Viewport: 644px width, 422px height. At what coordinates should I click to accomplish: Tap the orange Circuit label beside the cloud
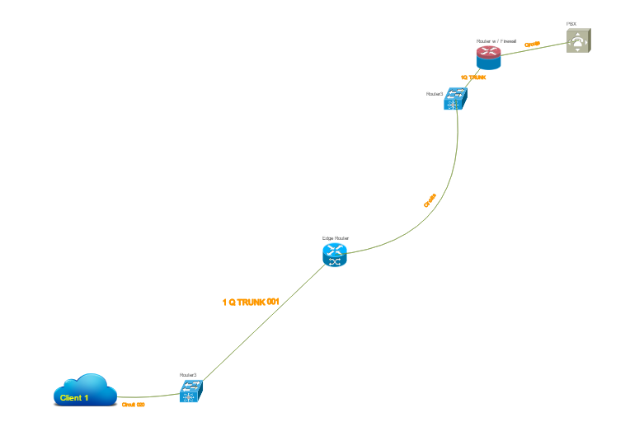pos(134,405)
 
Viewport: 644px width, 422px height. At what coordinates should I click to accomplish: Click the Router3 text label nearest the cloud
pos(188,375)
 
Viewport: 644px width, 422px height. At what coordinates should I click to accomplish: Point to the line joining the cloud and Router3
pos(148,396)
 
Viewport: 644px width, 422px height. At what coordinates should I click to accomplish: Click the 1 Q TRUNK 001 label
pos(251,302)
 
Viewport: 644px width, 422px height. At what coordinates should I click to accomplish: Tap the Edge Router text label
pos(335,237)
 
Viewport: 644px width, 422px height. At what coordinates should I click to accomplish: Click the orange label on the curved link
pos(430,200)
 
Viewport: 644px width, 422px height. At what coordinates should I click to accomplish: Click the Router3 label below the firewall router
pos(435,94)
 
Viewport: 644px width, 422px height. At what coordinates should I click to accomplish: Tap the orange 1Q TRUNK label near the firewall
pos(473,77)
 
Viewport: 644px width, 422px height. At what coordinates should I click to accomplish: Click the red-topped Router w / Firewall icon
pos(488,57)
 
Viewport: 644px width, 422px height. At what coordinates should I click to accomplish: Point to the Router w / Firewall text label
pos(496,40)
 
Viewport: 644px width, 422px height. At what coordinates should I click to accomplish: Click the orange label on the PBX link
pos(532,44)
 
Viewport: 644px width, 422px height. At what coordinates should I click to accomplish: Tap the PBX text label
pos(571,24)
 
